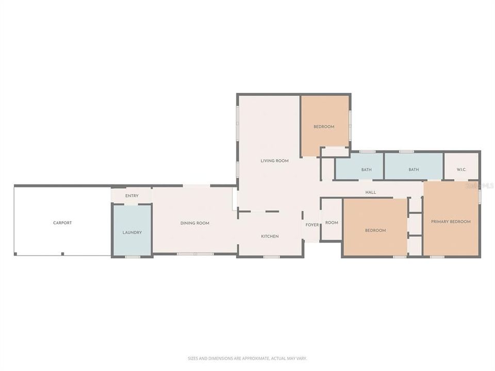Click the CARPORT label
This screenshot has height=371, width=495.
pyautogui.click(x=62, y=223)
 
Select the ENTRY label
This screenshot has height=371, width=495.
pyautogui.click(x=131, y=196)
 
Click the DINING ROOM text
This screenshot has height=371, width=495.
pyautogui.click(x=195, y=223)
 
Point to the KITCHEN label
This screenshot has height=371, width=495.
pyautogui.click(x=270, y=237)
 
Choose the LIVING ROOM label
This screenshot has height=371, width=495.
pyautogui.click(x=274, y=161)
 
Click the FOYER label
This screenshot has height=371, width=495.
pyautogui.click(x=312, y=225)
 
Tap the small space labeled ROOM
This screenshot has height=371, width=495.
pyautogui.click(x=332, y=223)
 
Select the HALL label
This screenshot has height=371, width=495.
pyautogui.click(x=371, y=192)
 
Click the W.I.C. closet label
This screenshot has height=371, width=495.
pyautogui.click(x=461, y=170)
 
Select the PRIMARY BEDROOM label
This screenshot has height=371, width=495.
pyautogui.click(x=451, y=222)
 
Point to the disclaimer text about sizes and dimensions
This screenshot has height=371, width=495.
pyautogui.click(x=247, y=358)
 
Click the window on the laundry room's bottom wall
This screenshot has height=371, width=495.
pyautogui.click(x=133, y=256)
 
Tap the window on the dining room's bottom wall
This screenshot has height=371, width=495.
pyautogui.click(x=195, y=254)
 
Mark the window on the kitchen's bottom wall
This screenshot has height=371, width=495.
pyautogui.click(x=271, y=256)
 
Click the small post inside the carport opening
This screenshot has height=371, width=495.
pyautogui.click(x=62, y=254)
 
